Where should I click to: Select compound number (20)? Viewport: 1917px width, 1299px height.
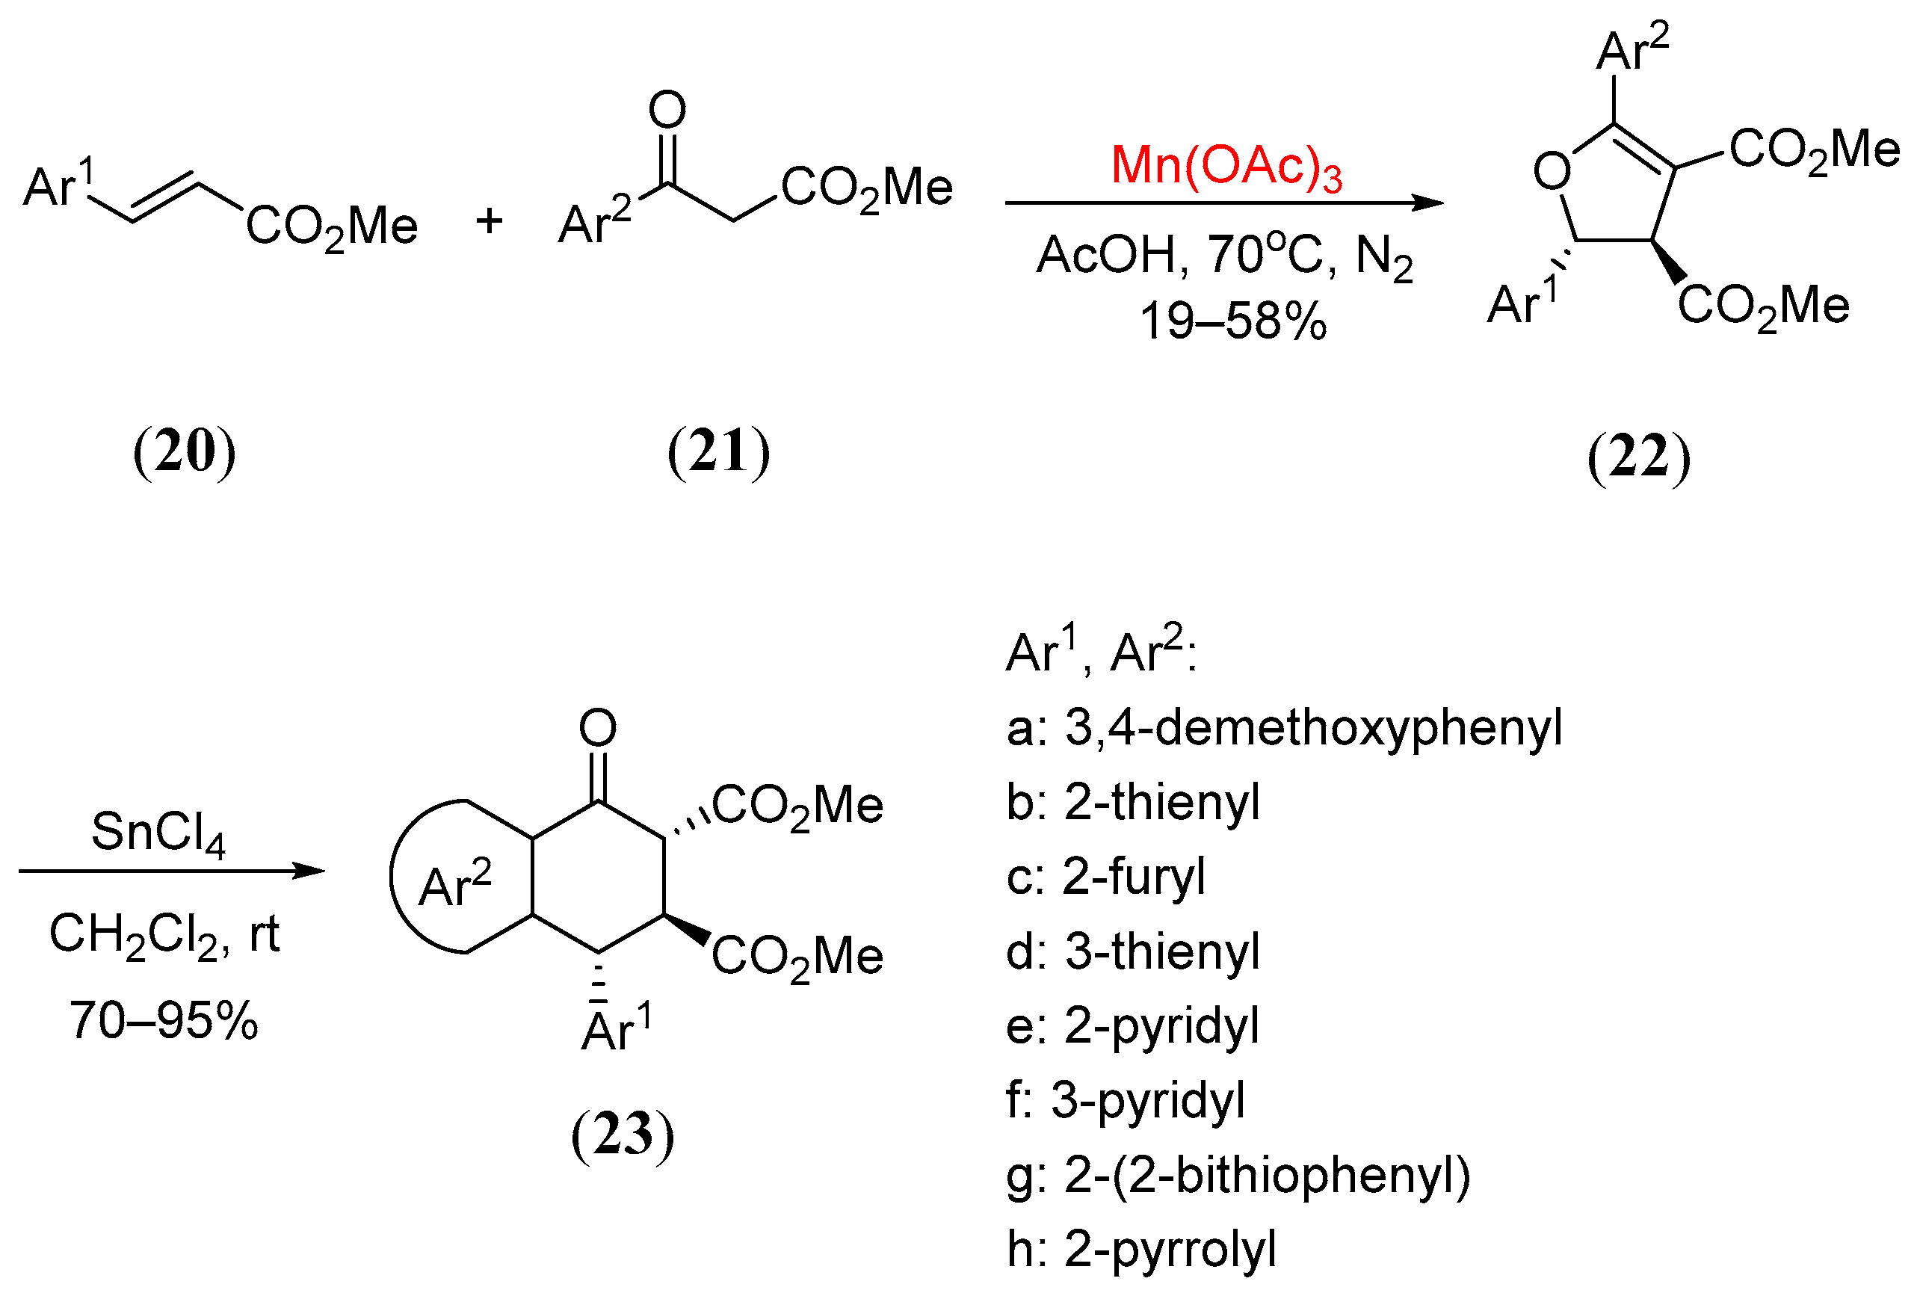[x=184, y=451]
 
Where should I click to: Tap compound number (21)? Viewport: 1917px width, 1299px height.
[x=718, y=451]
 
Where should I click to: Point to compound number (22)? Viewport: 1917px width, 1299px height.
[x=1638, y=457]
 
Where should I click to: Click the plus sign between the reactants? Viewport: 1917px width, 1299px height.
[x=489, y=221]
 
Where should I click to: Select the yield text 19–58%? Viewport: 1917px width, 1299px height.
[x=1232, y=321]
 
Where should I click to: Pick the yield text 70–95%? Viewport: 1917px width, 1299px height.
[x=164, y=1020]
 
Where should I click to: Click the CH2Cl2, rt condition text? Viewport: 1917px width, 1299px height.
[x=164, y=934]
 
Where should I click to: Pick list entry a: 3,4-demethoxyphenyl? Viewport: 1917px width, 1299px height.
[x=1283, y=727]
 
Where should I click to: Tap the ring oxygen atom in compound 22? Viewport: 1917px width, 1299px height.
[x=1552, y=172]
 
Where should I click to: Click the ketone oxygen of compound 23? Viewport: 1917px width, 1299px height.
[x=597, y=727]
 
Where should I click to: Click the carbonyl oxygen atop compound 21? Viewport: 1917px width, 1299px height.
[x=667, y=109]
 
